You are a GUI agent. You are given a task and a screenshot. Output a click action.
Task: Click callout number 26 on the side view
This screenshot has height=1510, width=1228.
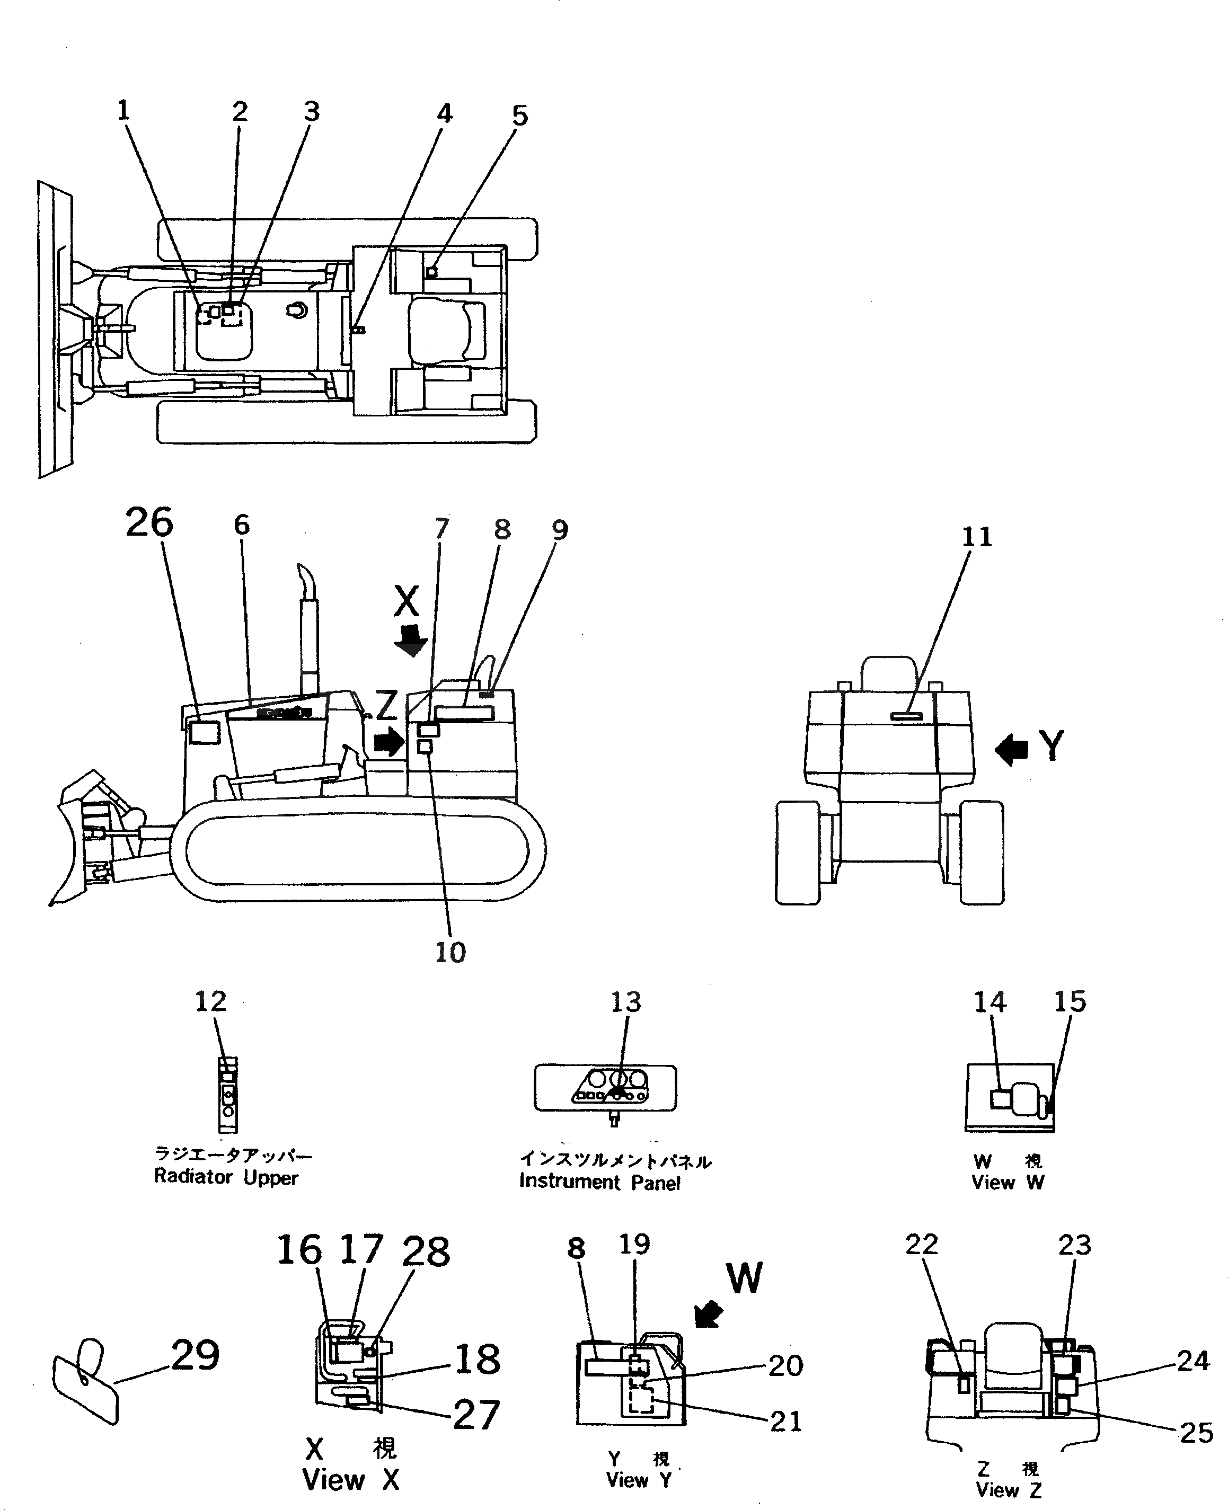point(149,524)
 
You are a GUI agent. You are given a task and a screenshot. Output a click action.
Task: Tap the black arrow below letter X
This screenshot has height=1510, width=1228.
point(410,640)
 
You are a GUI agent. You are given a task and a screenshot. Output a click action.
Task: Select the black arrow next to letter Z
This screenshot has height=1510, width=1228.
point(388,742)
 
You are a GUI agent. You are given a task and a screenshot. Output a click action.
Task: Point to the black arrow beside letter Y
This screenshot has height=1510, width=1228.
point(1011,749)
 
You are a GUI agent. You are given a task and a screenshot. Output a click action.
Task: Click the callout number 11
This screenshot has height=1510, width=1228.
point(977,538)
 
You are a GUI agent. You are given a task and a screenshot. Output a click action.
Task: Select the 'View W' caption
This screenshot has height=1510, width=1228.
point(1008,1182)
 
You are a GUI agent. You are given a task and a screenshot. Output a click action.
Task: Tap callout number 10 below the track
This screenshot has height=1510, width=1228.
point(450,953)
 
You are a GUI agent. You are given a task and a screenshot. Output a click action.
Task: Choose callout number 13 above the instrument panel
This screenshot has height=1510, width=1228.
point(625,1002)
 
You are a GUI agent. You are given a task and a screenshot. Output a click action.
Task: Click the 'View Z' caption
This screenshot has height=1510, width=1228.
point(1008,1489)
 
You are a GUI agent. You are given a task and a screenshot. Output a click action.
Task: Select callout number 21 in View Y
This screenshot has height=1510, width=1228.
point(786,1422)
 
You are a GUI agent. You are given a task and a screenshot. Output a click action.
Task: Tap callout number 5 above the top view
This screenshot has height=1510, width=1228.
point(520,116)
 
